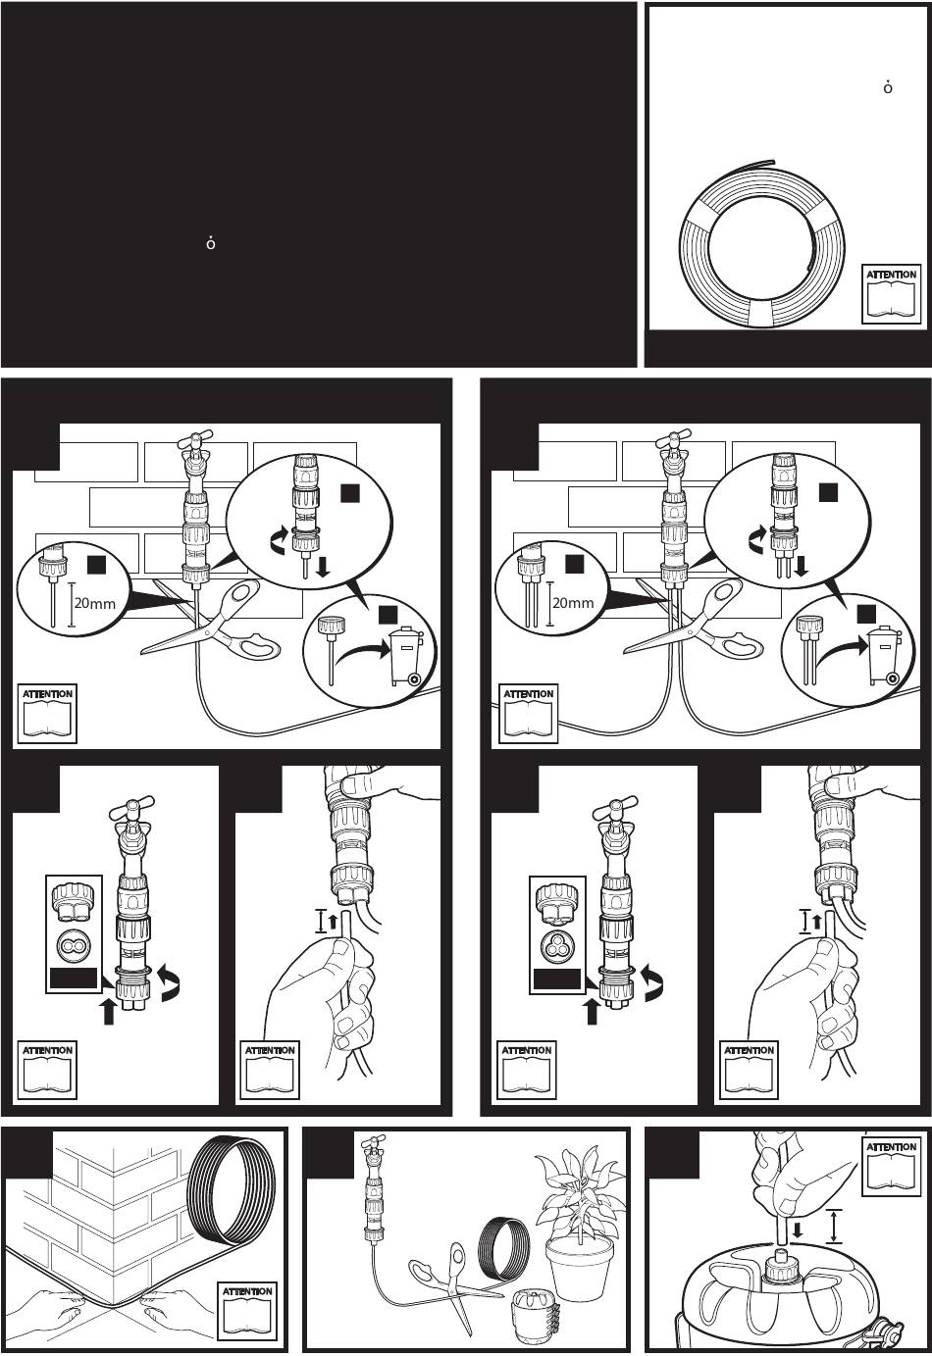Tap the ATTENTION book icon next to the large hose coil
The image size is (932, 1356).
pos(892,293)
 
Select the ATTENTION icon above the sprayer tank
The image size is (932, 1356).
pos(892,1166)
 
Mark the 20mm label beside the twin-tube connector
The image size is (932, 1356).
pos(572,603)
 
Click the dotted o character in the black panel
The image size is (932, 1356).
pos(210,242)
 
